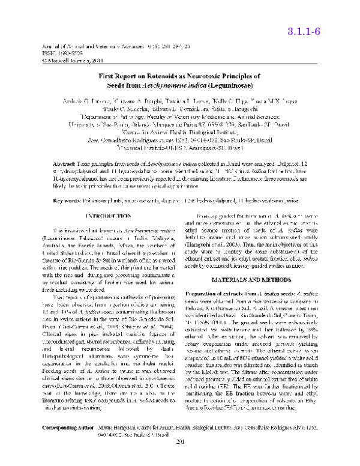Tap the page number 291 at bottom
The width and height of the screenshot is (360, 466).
(x=180, y=458)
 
